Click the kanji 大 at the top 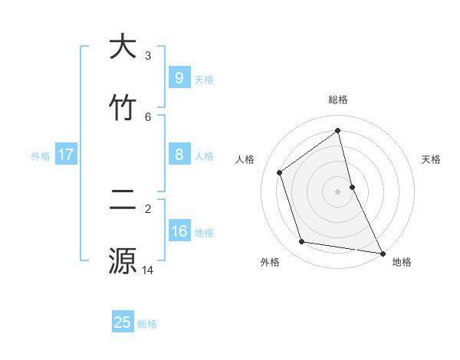pos(123,47)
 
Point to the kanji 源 pos(123,260)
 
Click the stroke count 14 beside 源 pos(148,270)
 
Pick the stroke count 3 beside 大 pos(148,55)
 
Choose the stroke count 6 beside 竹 pos(148,116)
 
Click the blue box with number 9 pos(179,78)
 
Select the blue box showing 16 pos(179,231)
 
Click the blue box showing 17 pos(66,155)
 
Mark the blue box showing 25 pos(123,322)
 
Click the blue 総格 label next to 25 pos(147,324)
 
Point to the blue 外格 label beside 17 pos(41,156)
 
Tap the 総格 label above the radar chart pos(338,100)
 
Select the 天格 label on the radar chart pos(431,159)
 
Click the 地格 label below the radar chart pos(402,262)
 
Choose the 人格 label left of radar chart pos(245,159)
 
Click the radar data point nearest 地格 pos(382,253)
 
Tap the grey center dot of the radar pos(338,191)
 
